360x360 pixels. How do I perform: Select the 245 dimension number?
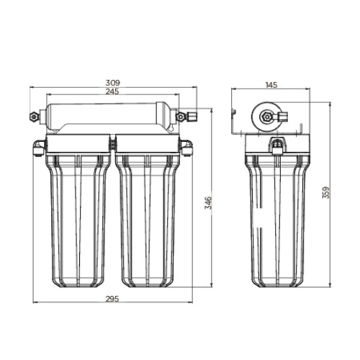(x=112, y=91)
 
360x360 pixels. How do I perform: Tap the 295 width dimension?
(x=112, y=298)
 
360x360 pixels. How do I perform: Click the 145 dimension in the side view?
(x=271, y=85)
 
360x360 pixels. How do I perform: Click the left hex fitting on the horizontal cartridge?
(x=33, y=116)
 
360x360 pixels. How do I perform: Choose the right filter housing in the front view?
(x=148, y=216)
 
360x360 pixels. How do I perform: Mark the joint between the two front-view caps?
(x=112, y=144)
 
